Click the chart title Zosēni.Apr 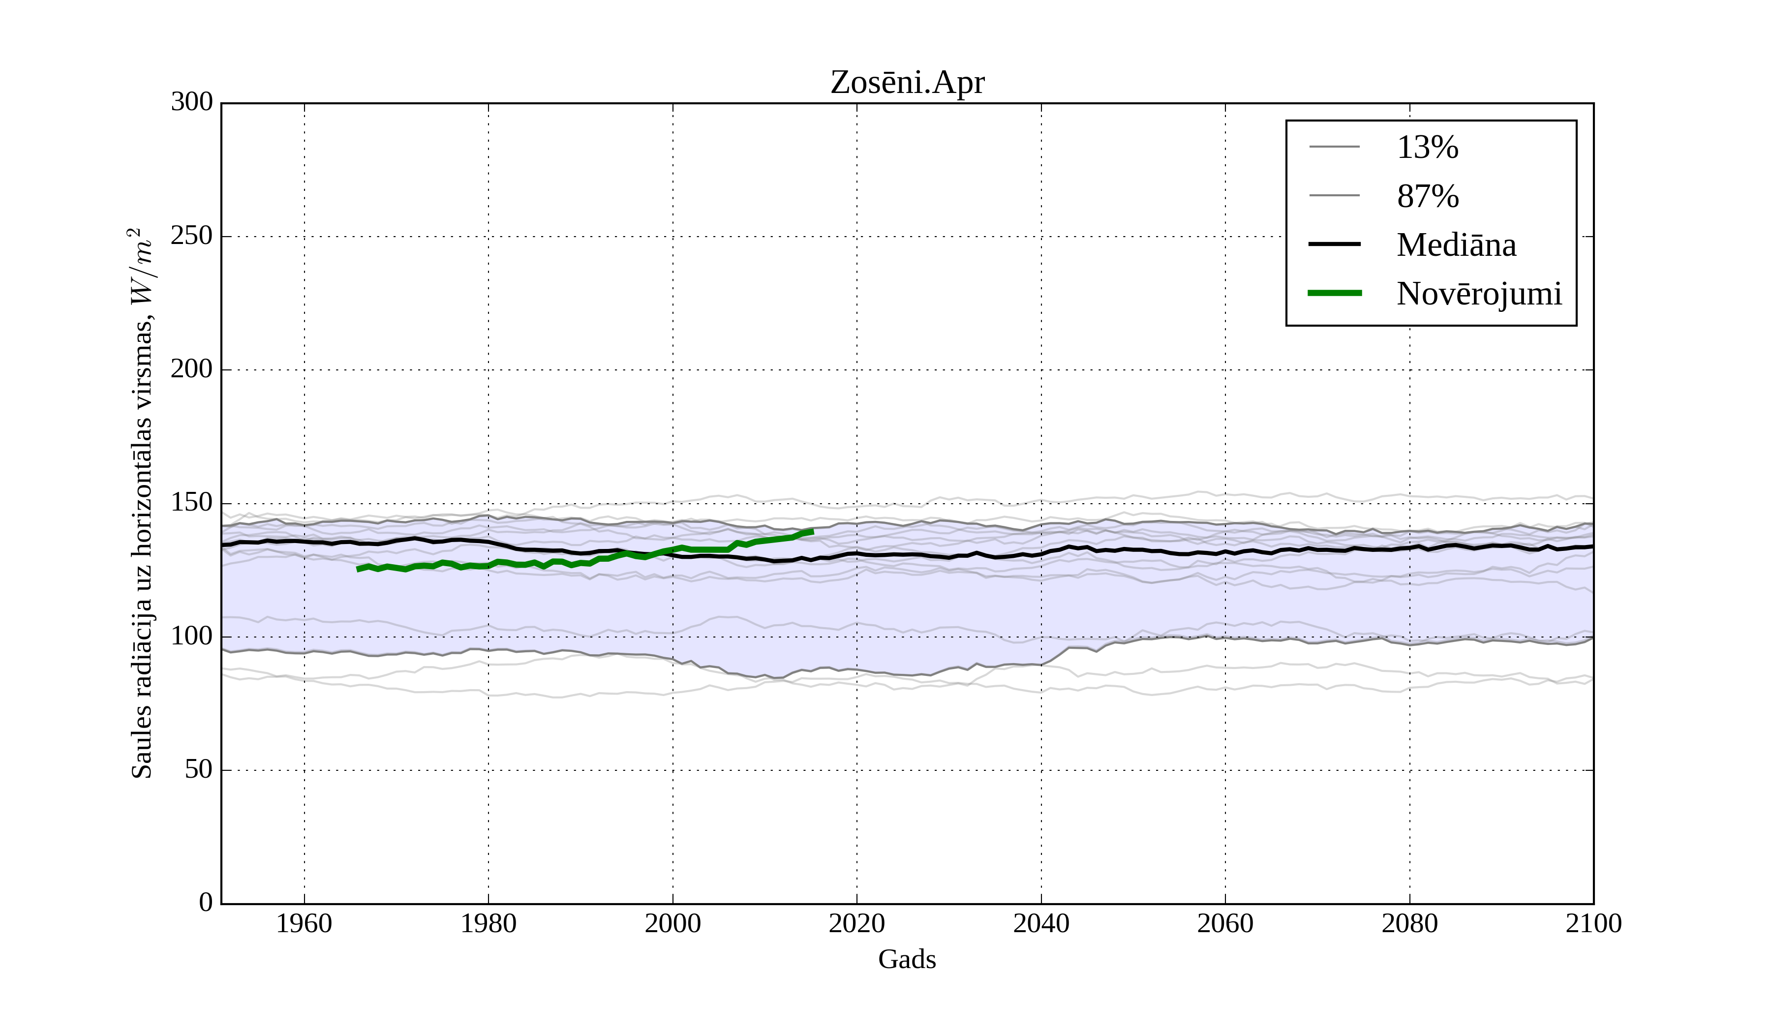coord(907,83)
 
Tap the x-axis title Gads coord(907,959)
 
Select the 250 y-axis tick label coord(192,236)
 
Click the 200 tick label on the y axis coord(192,369)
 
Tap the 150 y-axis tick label coord(192,503)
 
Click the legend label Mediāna coord(1456,245)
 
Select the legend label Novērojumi coord(1479,294)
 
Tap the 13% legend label coord(1427,148)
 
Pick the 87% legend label coord(1427,196)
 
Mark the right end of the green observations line coord(812,531)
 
